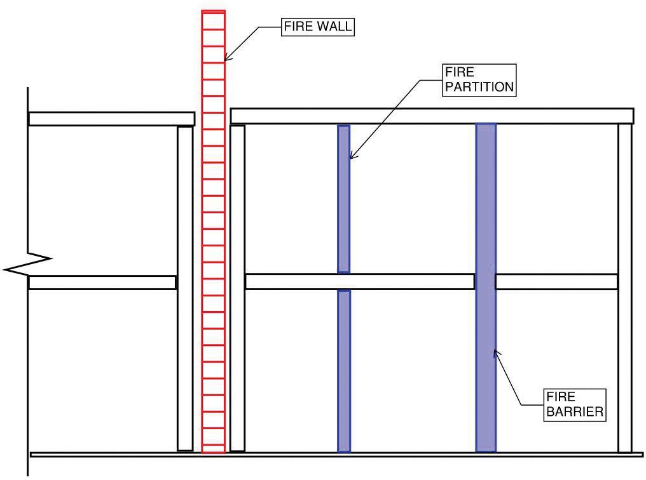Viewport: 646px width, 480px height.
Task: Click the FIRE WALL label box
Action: (x=318, y=27)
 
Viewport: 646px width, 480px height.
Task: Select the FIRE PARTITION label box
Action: (x=478, y=80)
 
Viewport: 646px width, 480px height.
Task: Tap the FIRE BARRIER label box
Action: (x=573, y=404)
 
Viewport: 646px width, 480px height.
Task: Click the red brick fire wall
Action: (x=213, y=232)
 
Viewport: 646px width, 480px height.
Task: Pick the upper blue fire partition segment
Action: (x=343, y=199)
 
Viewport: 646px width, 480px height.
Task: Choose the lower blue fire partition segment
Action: (x=343, y=371)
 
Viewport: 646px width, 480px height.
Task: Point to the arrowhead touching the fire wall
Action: (x=228, y=58)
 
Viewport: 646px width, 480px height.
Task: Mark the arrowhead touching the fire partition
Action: (x=352, y=156)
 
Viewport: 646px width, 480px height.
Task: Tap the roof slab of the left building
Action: (x=111, y=119)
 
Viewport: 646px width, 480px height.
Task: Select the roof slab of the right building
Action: (x=432, y=116)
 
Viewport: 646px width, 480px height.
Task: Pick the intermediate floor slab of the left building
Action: (x=102, y=283)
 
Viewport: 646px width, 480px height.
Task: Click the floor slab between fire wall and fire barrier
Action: (x=359, y=281)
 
